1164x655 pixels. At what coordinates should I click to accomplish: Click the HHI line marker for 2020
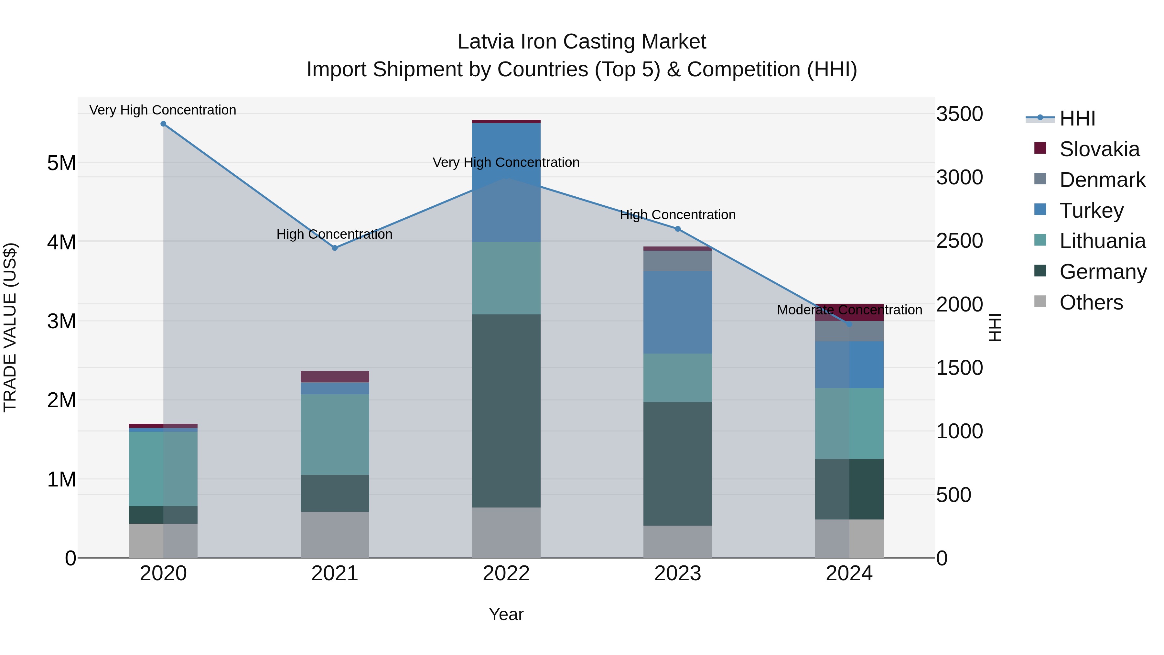163,124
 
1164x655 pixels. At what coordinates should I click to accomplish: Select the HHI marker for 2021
335,248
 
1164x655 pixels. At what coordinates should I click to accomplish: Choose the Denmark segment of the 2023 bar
677,261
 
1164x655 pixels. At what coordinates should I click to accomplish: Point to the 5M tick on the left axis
61,163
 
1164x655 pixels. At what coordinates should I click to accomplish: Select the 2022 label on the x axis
506,573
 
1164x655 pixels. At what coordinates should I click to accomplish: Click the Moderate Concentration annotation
849,310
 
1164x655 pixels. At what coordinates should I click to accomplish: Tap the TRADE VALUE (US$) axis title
10,327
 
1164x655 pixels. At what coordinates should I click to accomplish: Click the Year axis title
506,614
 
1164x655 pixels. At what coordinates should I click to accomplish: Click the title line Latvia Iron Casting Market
582,42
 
